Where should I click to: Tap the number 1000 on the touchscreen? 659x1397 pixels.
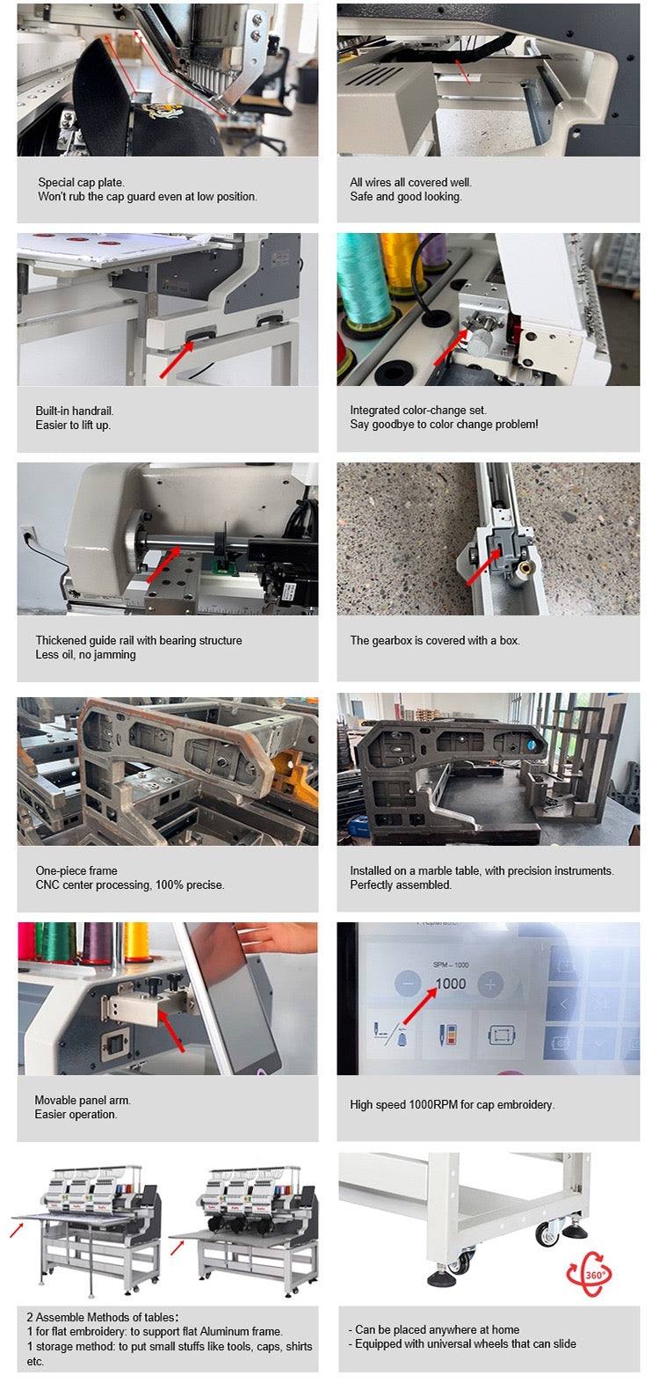(450, 984)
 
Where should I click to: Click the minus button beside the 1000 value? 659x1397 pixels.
(408, 984)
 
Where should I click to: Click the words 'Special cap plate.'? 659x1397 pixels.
(81, 182)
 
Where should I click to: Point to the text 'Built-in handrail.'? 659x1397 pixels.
(74, 411)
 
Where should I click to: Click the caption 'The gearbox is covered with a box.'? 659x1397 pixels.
(435, 640)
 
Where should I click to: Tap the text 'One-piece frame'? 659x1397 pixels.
(76, 870)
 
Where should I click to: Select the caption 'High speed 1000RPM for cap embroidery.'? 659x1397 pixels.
(452, 1104)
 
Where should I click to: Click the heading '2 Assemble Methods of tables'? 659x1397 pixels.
(101, 1316)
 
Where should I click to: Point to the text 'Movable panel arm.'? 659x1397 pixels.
(83, 1100)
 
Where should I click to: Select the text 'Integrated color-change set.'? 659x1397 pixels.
(418, 410)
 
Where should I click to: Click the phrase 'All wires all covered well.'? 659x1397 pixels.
(411, 182)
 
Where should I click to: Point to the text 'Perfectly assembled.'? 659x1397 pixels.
(401, 884)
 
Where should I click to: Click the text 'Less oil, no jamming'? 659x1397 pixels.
(85, 654)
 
